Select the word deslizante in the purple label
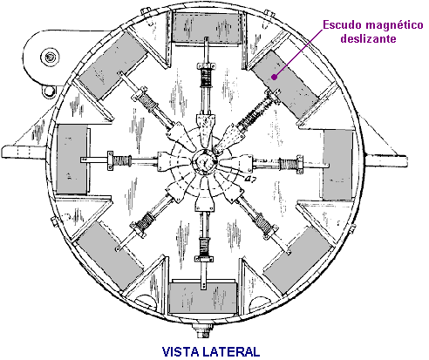(368, 38)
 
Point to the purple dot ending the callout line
(274, 77)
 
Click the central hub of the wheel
(205, 161)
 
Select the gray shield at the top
(207, 28)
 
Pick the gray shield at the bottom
(203, 298)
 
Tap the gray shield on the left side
(71, 160)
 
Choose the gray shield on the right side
(338, 165)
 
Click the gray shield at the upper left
(112, 68)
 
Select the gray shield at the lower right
(298, 260)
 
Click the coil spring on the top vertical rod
(206, 77)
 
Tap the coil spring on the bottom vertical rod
(205, 246)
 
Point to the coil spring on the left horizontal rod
(121, 160)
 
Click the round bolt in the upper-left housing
(50, 58)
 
